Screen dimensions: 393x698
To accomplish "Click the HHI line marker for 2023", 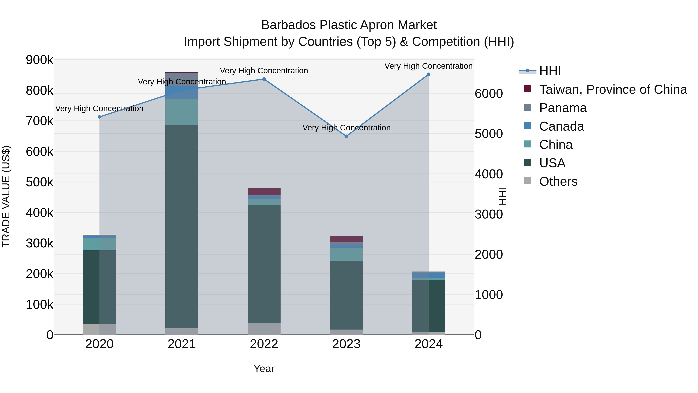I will point(346,136).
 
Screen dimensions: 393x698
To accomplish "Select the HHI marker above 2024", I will point(428,74).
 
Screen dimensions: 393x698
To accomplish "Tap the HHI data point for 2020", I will point(99,117).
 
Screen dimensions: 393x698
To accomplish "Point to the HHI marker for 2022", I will point(264,79).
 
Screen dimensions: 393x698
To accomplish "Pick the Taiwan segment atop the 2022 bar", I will point(264,192).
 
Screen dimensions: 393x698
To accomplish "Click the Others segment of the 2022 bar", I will point(264,329).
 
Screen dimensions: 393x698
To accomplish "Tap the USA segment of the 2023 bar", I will point(346,295).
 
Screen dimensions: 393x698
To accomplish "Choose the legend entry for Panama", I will point(563,108).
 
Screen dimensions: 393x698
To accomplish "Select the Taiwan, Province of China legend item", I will point(613,89).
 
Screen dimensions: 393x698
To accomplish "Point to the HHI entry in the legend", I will point(550,71).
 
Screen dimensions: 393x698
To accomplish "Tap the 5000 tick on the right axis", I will point(489,134).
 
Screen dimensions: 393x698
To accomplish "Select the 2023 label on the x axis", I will point(346,344).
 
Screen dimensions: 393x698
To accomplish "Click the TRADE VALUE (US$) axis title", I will point(6,196).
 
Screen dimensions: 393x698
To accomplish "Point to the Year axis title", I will point(264,369).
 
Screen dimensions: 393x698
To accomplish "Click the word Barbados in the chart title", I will point(288,25).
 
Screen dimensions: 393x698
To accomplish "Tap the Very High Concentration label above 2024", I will point(428,66).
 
